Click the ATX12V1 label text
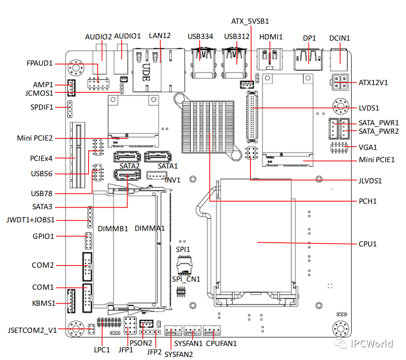coord(373,83)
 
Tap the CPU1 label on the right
coord(367,244)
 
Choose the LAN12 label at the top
coord(160,36)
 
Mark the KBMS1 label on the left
coord(44,303)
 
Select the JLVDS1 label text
coord(370,181)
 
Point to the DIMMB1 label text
coord(113,229)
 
